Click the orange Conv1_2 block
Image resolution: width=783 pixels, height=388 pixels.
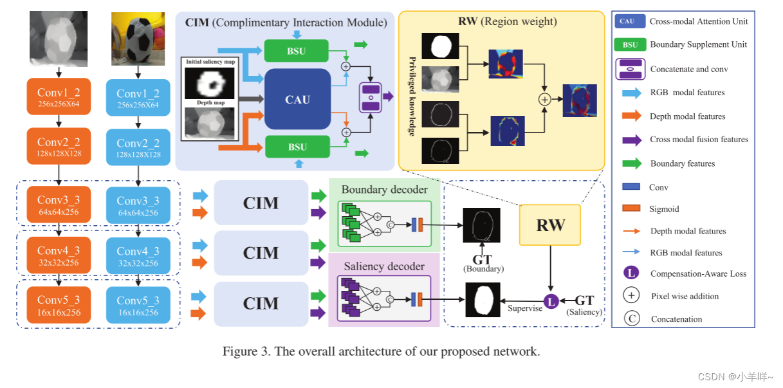[59, 97]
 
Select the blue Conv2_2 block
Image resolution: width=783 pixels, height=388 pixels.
[138, 148]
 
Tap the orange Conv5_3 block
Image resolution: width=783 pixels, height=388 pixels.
[59, 305]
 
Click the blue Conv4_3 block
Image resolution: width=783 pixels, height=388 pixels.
[138, 256]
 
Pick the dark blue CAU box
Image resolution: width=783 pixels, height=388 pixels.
[297, 99]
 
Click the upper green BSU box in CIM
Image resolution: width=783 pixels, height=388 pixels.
[297, 50]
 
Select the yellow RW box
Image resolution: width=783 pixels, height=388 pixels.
[550, 225]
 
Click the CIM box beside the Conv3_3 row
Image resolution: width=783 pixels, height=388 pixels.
[261, 203]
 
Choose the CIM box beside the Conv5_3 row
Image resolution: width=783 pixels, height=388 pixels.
[261, 303]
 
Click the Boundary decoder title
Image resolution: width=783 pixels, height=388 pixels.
[383, 190]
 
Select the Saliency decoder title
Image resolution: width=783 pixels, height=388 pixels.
[383, 266]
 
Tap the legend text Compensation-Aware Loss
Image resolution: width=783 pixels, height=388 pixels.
[698, 273]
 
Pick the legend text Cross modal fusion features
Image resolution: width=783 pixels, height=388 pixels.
[699, 139]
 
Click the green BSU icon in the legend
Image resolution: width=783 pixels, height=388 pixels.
[630, 44]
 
